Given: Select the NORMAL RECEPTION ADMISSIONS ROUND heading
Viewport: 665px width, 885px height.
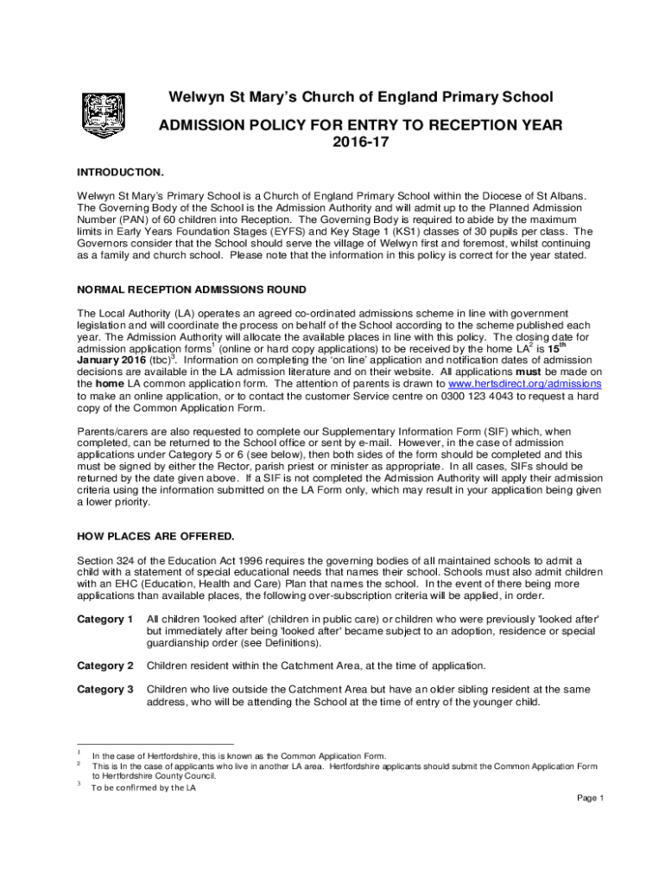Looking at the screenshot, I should (x=192, y=289).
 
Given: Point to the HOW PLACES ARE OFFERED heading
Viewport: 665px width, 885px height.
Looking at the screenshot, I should (x=143, y=536).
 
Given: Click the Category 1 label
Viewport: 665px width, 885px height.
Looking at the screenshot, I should (x=104, y=620).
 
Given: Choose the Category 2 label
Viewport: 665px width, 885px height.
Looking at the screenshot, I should (x=104, y=665).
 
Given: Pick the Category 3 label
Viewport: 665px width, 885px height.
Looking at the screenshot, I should (x=104, y=690).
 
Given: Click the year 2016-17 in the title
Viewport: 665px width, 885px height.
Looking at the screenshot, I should (x=361, y=143).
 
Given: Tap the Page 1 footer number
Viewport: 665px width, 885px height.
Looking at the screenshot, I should (x=590, y=798).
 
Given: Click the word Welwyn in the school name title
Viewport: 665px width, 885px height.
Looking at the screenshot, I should (x=189, y=97).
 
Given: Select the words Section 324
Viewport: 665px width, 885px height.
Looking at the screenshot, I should (x=108, y=560).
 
